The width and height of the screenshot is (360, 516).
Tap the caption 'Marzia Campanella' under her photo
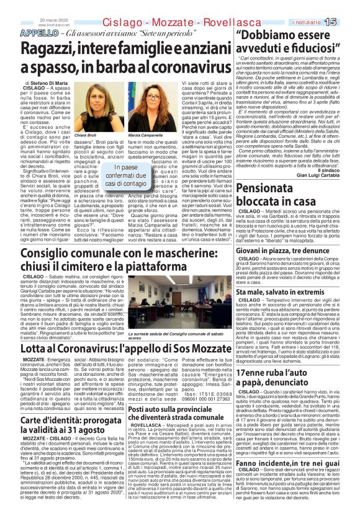[x=140, y=135]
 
